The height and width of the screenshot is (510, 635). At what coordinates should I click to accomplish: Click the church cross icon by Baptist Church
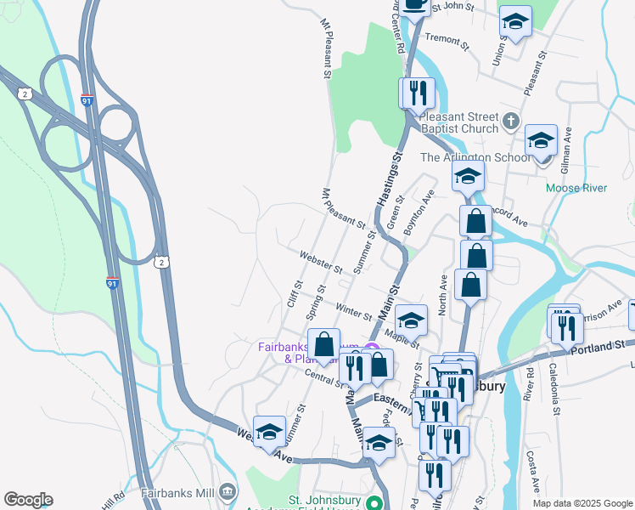[509, 120]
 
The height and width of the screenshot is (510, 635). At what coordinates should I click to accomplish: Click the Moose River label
[576, 188]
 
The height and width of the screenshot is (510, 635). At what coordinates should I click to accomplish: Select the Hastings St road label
[387, 179]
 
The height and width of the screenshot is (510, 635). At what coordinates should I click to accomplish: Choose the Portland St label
[598, 346]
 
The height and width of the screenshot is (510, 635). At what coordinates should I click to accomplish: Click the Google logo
[28, 500]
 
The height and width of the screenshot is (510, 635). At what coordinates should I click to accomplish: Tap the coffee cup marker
[414, 4]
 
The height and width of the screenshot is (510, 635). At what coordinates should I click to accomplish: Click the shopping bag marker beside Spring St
[323, 346]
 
